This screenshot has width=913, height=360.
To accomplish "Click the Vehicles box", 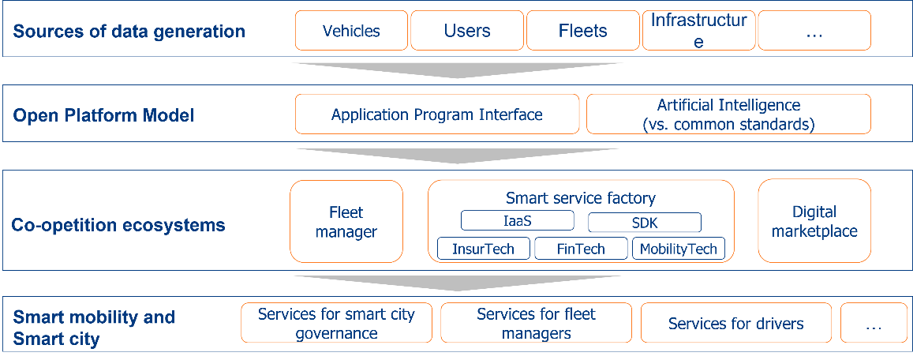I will pyautogui.click(x=352, y=31).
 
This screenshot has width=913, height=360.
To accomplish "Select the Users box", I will pyautogui.click(x=467, y=31).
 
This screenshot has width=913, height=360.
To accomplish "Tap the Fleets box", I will pyautogui.click(x=583, y=31).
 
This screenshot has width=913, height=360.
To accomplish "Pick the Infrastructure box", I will pyautogui.click(x=698, y=31).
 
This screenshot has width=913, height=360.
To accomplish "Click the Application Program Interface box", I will pyautogui.click(x=437, y=114).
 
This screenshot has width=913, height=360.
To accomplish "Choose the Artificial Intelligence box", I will pyautogui.click(x=729, y=114).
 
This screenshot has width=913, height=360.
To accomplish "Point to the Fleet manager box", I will pyautogui.click(x=346, y=222).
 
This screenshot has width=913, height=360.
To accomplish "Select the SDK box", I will pyautogui.click(x=645, y=223).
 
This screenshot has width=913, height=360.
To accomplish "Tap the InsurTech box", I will pyautogui.click(x=484, y=249).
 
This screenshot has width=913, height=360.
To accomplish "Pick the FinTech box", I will pyautogui.click(x=582, y=249).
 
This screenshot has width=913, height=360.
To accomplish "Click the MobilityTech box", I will pyautogui.click(x=679, y=249).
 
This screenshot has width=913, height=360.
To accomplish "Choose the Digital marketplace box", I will pyautogui.click(x=814, y=221).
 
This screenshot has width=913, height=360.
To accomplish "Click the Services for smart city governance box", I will pyautogui.click(x=336, y=323).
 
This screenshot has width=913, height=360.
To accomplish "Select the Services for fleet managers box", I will pyautogui.click(x=537, y=323).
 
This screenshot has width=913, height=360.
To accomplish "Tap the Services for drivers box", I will pyautogui.click(x=736, y=323).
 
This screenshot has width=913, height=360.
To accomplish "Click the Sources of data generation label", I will pyautogui.click(x=129, y=32).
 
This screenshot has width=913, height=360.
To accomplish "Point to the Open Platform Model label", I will pyautogui.click(x=103, y=115).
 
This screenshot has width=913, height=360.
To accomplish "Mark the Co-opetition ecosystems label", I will pyautogui.click(x=118, y=225).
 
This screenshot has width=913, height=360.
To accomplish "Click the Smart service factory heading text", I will pyautogui.click(x=581, y=198).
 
